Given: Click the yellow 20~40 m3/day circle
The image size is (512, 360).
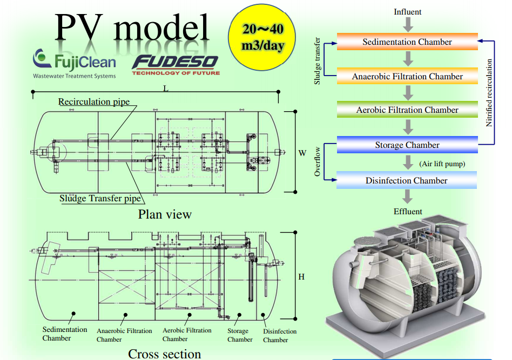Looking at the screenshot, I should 262,37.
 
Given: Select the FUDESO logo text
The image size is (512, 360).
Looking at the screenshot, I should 176,63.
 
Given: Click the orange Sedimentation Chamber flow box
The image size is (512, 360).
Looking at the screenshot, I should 407,42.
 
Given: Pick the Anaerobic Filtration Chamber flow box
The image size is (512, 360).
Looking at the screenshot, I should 407,76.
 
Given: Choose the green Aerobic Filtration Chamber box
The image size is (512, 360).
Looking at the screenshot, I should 407,110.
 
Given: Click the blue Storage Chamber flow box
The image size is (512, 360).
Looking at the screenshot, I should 407,145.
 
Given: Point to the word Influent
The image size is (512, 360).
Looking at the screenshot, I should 408,12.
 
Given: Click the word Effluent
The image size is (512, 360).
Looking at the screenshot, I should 408,211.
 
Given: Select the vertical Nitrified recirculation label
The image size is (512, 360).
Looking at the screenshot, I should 489,93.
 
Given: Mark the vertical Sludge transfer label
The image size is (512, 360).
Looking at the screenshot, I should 318,61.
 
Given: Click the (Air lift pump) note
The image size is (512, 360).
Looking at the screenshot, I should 442,164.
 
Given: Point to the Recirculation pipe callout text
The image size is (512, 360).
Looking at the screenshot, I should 94,101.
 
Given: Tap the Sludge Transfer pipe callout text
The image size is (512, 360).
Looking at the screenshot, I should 100,199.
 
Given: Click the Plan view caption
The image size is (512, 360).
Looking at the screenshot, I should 165,214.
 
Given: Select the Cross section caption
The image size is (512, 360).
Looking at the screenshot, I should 164,354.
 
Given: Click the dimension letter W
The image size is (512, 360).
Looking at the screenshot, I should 302,153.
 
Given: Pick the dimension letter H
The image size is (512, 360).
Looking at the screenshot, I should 301,277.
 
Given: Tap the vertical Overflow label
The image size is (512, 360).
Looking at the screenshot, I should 318,161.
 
